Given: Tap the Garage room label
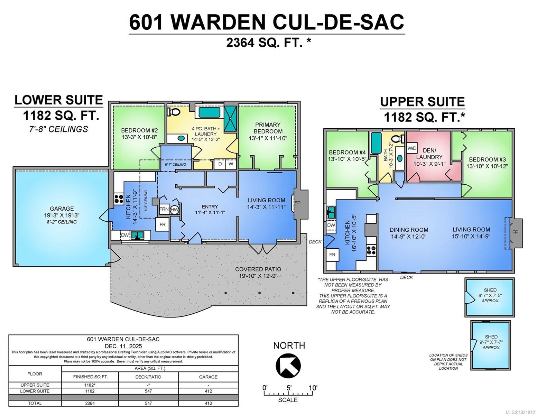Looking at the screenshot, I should [x=62, y=209].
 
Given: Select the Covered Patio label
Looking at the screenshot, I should [x=258, y=269].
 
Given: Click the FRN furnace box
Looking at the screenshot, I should [x=164, y=209].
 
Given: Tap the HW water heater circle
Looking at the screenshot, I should [x=175, y=210].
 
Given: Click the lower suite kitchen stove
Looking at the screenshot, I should [x=119, y=199].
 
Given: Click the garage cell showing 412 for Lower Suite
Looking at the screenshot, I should [x=208, y=391].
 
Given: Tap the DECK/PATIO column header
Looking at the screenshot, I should [x=148, y=377].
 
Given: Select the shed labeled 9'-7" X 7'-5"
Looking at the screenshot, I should [x=490, y=297].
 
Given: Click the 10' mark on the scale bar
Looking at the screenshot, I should [x=313, y=388].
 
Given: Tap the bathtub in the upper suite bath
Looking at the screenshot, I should [x=376, y=142].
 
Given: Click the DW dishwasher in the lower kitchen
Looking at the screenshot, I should [x=124, y=235].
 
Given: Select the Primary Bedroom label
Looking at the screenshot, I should [x=268, y=128].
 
